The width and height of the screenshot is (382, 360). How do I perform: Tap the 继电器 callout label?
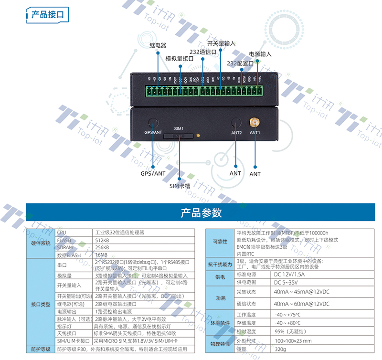click(x=158, y=45)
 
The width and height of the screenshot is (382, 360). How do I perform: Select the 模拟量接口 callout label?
click(x=179, y=58)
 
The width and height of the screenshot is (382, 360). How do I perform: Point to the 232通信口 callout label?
click(x=202, y=52)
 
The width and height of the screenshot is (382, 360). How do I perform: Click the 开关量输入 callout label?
click(x=221, y=43)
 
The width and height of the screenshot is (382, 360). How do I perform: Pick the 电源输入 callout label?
click(x=260, y=54)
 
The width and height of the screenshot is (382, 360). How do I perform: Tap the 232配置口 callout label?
click(x=240, y=63)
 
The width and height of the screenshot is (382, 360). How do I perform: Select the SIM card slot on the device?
click(x=179, y=136)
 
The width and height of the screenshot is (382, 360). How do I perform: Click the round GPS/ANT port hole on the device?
click(x=153, y=122)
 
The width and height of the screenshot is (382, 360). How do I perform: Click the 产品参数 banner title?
click(x=201, y=213)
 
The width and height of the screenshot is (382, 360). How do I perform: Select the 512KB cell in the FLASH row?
click(x=102, y=240)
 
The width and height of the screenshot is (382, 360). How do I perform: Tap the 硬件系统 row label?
click(x=41, y=244)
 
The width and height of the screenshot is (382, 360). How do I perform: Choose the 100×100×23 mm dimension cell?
click(x=293, y=341)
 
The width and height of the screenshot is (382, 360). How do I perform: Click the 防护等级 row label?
click(x=41, y=349)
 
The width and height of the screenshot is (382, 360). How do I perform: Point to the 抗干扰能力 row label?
click(x=220, y=264)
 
